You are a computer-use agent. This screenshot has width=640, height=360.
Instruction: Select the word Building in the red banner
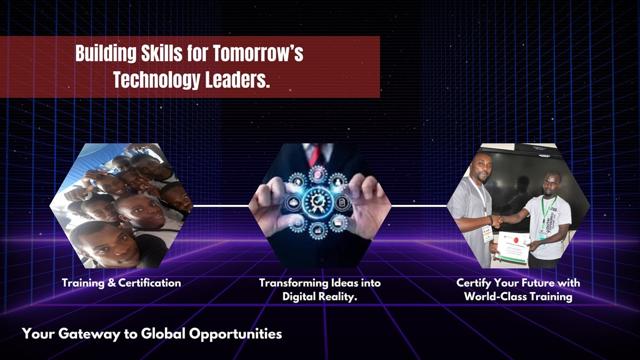[106, 54]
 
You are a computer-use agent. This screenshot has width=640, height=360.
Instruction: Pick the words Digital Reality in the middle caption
[319, 297]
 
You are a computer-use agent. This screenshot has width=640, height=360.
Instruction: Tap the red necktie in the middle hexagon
[317, 155]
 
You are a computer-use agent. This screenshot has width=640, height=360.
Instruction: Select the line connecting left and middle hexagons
[221, 206]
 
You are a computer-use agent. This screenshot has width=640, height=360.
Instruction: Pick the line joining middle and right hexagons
[419, 206]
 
